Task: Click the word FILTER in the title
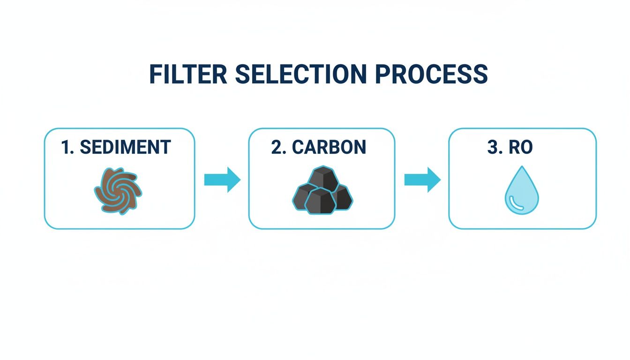[x=188, y=74]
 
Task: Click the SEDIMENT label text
[x=125, y=147]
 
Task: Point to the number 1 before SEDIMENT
[x=66, y=147]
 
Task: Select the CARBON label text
[x=329, y=147]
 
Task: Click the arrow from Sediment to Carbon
[x=222, y=180]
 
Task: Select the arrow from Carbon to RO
[x=422, y=180]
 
